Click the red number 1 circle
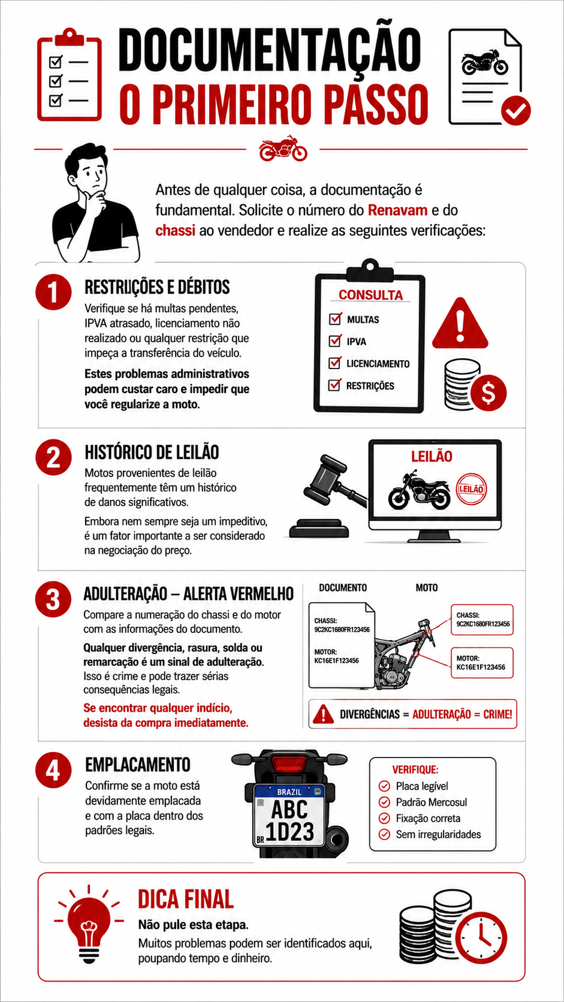(x=53, y=292)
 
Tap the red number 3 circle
(x=53, y=599)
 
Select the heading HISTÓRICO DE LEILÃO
(x=152, y=452)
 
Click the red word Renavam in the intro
(x=397, y=210)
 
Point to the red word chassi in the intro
(x=176, y=230)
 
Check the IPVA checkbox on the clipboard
(x=335, y=341)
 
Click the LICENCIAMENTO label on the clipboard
(x=378, y=364)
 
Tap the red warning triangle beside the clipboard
(x=460, y=324)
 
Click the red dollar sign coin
(x=488, y=393)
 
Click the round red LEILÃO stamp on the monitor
(x=471, y=489)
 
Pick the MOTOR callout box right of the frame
(x=482, y=662)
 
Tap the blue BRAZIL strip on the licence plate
(x=289, y=792)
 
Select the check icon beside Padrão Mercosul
(x=384, y=802)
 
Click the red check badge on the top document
(x=515, y=110)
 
